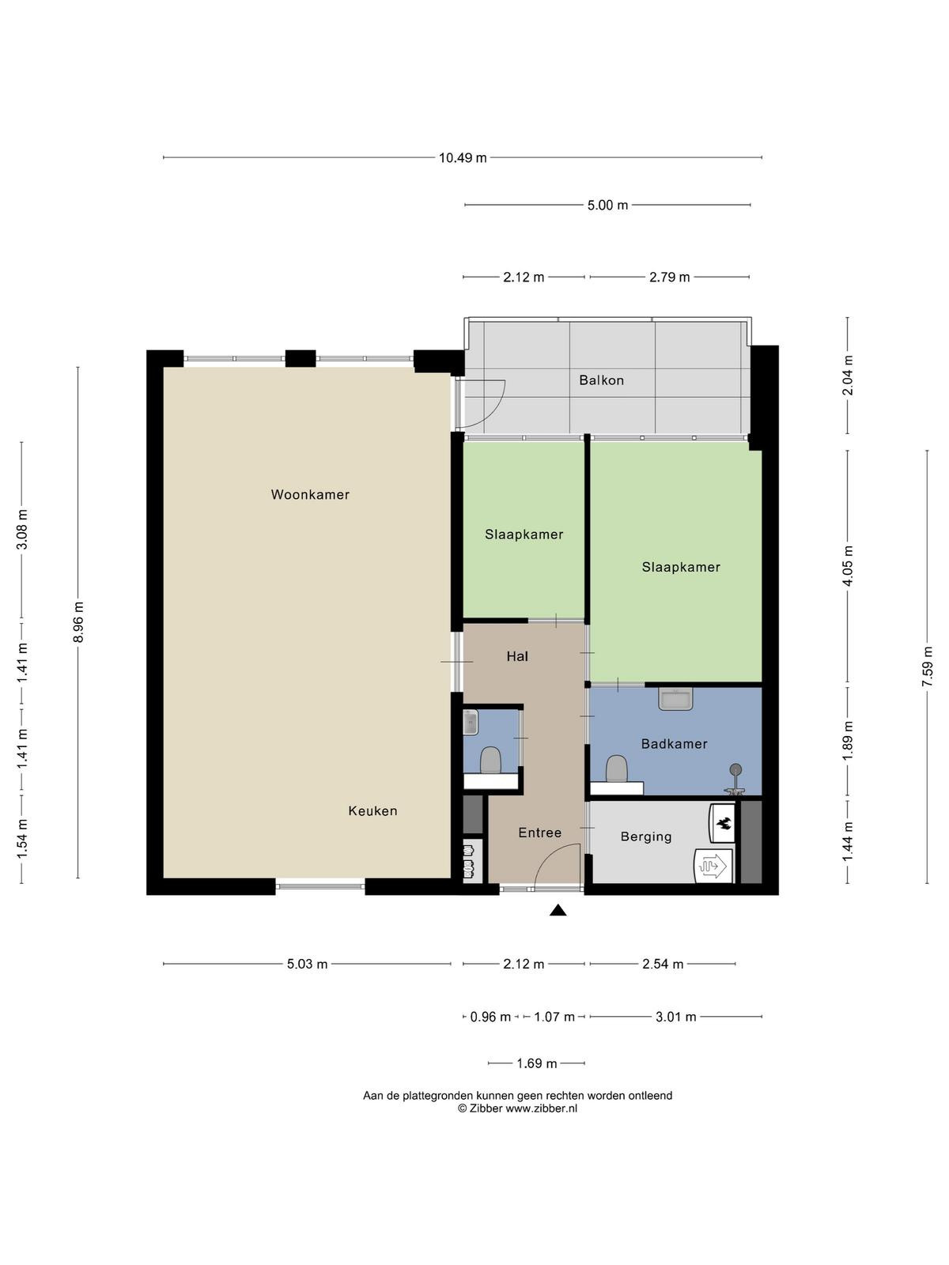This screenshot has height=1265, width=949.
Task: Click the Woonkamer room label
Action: [x=310, y=494]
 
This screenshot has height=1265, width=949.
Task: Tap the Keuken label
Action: [x=372, y=811]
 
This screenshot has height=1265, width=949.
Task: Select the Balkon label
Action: [x=602, y=380]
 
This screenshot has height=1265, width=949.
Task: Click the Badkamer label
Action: [x=674, y=744]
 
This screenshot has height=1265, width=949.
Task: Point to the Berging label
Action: [x=646, y=836]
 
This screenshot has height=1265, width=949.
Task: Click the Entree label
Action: [x=539, y=833]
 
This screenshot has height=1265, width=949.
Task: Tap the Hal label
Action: [x=517, y=656]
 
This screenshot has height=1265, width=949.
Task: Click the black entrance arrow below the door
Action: [x=558, y=910]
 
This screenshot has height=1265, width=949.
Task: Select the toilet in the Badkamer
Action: [x=617, y=768]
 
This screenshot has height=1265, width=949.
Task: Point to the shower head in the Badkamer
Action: [x=735, y=768]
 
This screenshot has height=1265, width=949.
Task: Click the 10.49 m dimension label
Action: [x=463, y=158]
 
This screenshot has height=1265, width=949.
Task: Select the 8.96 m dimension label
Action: [x=79, y=622]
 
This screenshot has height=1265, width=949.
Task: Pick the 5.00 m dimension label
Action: [x=608, y=205]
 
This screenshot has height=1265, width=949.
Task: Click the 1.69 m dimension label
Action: [x=536, y=1063]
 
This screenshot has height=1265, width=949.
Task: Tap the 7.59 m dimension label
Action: [x=927, y=666]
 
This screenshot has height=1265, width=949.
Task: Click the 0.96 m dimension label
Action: [x=490, y=1018]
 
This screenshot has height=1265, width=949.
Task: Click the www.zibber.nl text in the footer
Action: [x=542, y=1108]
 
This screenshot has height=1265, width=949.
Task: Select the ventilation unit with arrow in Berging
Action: [x=714, y=865]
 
